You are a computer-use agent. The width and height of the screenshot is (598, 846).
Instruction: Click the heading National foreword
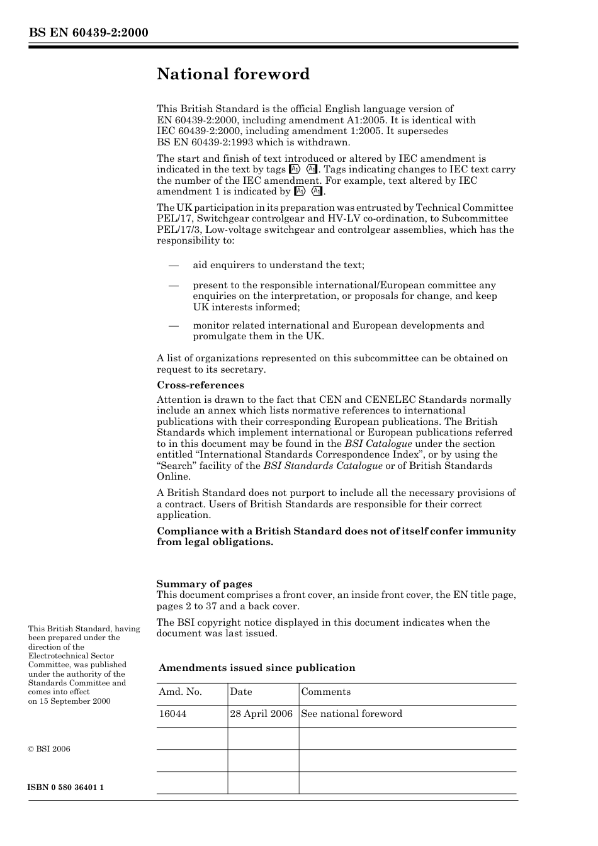click(x=233, y=74)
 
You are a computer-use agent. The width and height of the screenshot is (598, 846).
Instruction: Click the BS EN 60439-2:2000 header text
click(x=88, y=33)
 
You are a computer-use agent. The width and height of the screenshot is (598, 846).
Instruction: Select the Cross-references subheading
click(x=200, y=385)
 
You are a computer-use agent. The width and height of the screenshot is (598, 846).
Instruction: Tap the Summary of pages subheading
click(x=204, y=584)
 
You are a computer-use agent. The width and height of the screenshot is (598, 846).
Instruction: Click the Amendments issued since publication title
click(x=257, y=668)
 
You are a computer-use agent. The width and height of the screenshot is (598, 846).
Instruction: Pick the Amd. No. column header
click(x=180, y=692)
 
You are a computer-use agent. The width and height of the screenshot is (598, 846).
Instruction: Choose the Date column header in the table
click(x=241, y=692)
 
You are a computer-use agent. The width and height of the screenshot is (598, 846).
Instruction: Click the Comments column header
click(x=325, y=692)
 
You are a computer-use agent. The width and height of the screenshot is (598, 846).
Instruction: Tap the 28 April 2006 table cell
click(x=261, y=714)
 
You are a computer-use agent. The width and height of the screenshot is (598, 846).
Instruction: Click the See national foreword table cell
click(x=351, y=714)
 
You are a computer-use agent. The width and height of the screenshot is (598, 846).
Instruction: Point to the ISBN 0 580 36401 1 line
click(x=66, y=787)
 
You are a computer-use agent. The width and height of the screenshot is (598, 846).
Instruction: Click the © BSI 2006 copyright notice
click(x=49, y=749)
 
